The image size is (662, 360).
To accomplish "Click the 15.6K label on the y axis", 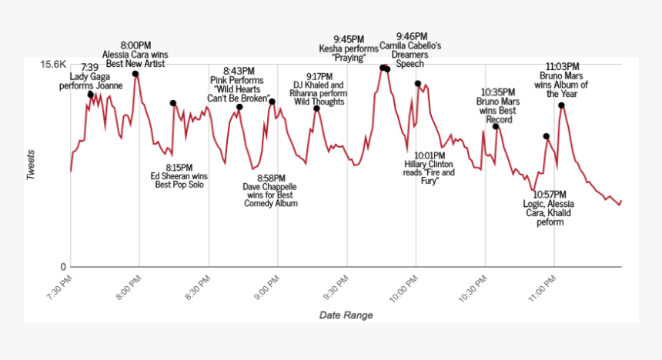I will [x=53, y=65].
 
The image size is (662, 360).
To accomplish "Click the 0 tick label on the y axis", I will [x=64, y=267].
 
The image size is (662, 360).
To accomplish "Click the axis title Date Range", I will [x=346, y=315].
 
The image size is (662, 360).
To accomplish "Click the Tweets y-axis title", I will [x=32, y=163].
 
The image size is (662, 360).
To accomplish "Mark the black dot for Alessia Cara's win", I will [x=135, y=74].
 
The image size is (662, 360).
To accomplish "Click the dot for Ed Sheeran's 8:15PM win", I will [x=173, y=103].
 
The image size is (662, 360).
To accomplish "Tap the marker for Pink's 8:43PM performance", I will [x=239, y=107].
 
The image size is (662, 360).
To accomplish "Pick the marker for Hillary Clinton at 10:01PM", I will [x=418, y=84].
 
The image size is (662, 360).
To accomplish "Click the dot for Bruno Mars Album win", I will [x=562, y=105].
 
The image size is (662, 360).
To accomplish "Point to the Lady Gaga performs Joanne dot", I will [x=91, y=95].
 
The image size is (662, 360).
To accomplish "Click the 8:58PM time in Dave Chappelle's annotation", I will [x=270, y=178].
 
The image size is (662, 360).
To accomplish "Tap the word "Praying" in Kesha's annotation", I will [x=348, y=58].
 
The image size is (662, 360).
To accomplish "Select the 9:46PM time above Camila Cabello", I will [x=412, y=36].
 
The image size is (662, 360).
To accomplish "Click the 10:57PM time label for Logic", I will [x=550, y=194].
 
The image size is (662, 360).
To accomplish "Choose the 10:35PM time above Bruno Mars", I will [x=498, y=92].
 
